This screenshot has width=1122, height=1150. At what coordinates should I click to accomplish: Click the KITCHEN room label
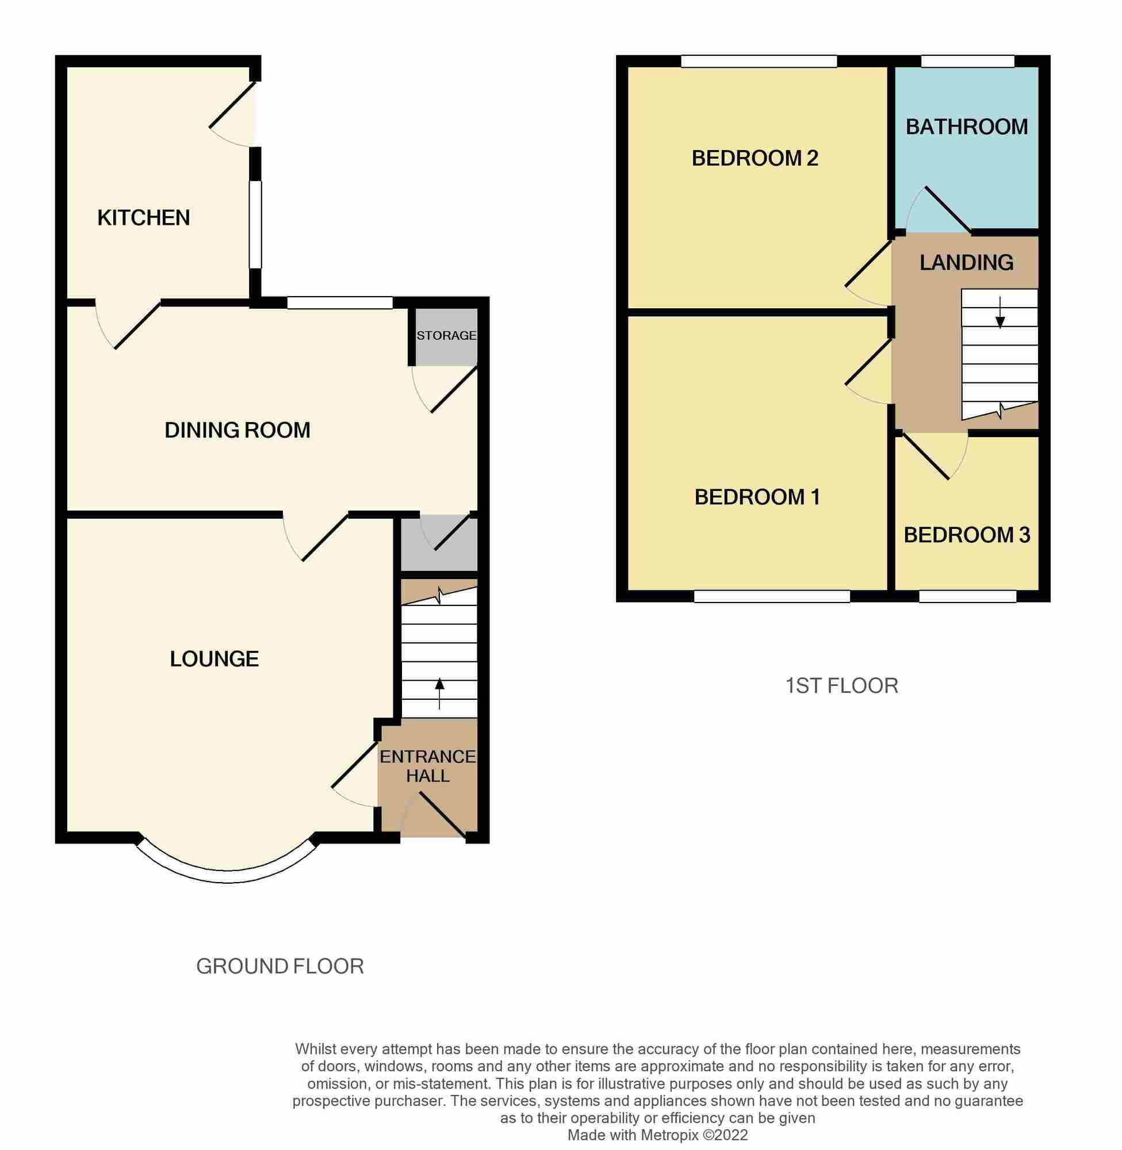tap(143, 218)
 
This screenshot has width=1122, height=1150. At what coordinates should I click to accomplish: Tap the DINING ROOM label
tap(237, 431)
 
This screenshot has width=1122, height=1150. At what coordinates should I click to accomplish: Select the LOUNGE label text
tap(214, 658)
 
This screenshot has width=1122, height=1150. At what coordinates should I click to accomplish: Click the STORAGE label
tap(446, 335)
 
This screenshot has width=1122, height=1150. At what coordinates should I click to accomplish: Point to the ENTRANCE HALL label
tap(427, 766)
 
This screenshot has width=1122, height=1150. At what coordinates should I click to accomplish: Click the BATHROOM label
tap(966, 126)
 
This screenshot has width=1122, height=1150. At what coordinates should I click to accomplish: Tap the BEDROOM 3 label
tap(966, 535)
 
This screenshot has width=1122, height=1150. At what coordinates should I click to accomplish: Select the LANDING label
tap(966, 263)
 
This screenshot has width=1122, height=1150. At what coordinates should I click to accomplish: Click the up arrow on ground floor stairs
tap(439, 692)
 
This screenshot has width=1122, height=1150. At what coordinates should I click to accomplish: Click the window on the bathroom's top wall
tap(968, 62)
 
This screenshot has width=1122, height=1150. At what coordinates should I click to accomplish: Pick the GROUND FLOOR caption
tap(280, 967)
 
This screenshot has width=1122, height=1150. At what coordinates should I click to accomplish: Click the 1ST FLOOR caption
tap(841, 687)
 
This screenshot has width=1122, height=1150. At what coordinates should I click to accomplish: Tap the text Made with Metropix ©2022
tap(658, 1135)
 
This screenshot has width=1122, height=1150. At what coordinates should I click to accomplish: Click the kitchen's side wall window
tap(255, 224)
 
